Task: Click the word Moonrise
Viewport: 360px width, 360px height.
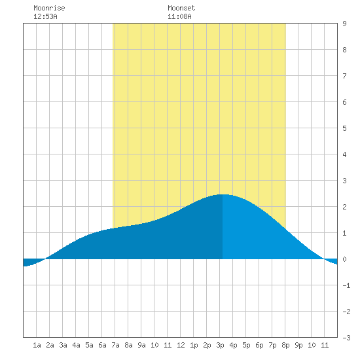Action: coord(49,8)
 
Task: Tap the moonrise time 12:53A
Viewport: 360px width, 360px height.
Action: coord(45,16)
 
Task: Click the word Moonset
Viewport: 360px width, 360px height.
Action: coord(181,8)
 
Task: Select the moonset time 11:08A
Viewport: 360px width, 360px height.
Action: coord(179,16)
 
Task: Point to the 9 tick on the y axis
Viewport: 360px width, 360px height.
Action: coord(344,24)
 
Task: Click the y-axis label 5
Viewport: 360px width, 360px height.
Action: coord(344,128)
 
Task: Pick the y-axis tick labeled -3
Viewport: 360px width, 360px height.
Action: coord(346,338)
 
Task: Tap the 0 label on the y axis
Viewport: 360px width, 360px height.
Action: coord(344,259)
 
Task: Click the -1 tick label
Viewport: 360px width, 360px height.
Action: coord(346,285)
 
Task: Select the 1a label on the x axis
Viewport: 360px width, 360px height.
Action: coord(37,345)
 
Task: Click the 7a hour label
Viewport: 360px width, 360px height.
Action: coord(115,345)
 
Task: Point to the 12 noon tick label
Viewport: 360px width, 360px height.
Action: coord(181,345)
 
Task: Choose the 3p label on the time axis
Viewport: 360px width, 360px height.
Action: coord(220,345)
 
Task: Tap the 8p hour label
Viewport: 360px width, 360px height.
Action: coord(285,345)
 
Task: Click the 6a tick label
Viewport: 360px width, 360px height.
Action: coord(102,345)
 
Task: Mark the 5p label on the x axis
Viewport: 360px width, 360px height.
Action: coord(246,345)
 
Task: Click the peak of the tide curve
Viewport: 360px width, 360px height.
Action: coord(223,194)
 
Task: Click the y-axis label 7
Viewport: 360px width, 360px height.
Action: coord(344,76)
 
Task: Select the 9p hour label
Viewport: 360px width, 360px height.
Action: coord(298,345)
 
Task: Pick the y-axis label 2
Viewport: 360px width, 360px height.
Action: coord(344,207)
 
